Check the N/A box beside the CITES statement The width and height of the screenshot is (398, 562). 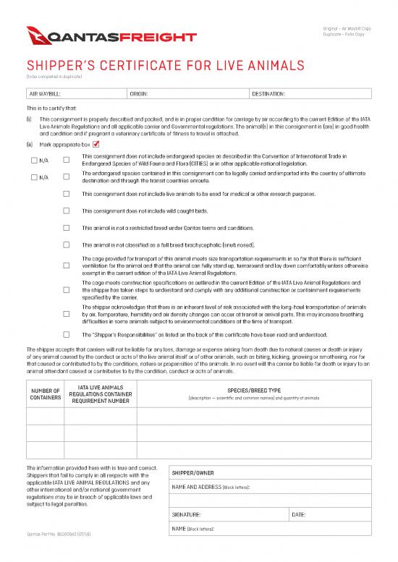pos(34,159)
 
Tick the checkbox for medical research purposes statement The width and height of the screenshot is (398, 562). pos(67,194)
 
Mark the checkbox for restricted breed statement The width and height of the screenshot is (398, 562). pos(67,228)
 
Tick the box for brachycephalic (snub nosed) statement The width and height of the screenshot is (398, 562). pos(67,244)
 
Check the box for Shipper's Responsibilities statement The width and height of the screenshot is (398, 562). pos(67,335)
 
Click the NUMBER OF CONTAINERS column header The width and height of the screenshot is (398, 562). pos(46,394)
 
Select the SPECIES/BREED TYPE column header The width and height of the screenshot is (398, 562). pos(253,391)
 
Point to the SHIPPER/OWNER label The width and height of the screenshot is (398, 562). pos(191,474)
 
